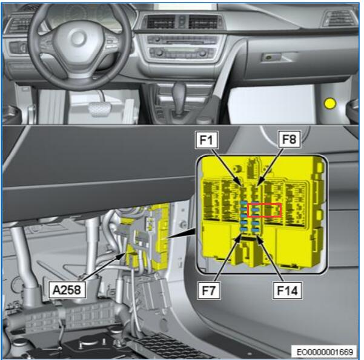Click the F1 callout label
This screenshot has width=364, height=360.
point(207,140)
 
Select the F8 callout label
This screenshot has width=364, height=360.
point(290,139)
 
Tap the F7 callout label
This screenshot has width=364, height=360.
point(209,290)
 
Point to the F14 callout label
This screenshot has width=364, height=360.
point(288,290)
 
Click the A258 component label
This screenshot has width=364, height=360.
point(67,290)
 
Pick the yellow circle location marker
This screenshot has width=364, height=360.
point(330,104)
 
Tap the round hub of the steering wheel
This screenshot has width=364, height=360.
point(79,38)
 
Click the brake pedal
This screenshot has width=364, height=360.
point(100,108)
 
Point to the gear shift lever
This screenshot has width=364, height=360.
point(179,96)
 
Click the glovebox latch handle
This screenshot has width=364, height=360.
point(271,57)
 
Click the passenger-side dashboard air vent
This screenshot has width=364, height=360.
point(339,18)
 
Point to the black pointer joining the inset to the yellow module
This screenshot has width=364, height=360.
point(182,234)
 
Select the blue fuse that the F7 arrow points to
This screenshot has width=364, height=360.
point(243,230)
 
